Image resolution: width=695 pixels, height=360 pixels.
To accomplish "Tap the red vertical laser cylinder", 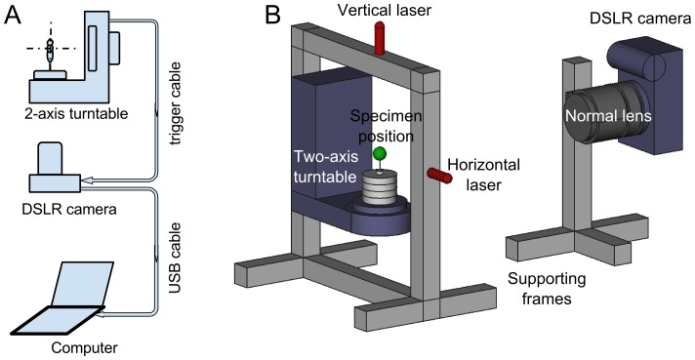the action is [x=380, y=38].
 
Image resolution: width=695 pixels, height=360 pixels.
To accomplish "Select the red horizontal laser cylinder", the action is [x=439, y=175].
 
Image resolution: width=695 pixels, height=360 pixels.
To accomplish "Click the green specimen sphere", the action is [x=380, y=153].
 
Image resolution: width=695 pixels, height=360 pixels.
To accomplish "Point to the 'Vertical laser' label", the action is [x=385, y=10].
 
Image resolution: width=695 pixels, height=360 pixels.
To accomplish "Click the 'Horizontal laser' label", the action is [x=483, y=175].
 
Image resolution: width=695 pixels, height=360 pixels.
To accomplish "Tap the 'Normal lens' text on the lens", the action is [x=608, y=116].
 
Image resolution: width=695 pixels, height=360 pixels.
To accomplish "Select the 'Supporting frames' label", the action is [x=547, y=288].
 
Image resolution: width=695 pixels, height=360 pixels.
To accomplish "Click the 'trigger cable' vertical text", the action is [x=176, y=103].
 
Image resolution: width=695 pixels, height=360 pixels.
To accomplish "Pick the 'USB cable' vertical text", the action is [x=176, y=258].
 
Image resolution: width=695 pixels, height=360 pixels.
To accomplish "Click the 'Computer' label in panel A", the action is [x=84, y=347].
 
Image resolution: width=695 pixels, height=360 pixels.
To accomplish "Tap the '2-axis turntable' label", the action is [x=76, y=114].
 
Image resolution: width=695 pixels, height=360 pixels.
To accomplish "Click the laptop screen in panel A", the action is [x=82, y=283].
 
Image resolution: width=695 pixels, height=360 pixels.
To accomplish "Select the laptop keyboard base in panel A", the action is [x=58, y=321].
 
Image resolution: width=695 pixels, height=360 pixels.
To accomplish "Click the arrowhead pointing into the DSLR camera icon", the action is [x=87, y=180].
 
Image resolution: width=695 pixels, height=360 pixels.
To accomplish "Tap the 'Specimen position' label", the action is [x=386, y=126].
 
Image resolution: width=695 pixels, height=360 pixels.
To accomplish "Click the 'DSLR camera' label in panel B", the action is [x=640, y=19].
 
